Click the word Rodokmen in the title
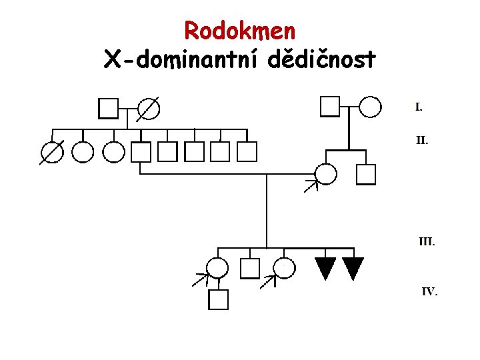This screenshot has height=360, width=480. point(239,30)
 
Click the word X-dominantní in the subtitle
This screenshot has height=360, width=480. point(181,60)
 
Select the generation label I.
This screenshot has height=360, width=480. point(419,107)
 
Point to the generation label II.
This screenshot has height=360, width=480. point(422,141)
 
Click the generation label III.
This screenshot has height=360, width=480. point(427,241)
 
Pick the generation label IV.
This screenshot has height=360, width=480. point(429,291)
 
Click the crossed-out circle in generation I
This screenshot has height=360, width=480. point(149,108)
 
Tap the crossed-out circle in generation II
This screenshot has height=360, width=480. point(52,153)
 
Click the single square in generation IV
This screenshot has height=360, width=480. point(218,299)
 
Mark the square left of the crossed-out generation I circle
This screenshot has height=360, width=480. point(109,108)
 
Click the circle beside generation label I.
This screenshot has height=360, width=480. point(371,107)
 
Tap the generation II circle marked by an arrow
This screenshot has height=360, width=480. point(326,174)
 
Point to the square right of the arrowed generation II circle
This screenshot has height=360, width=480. point(366,174)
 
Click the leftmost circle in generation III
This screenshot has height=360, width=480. point(217,268)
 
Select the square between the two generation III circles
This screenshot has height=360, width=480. point(249,268)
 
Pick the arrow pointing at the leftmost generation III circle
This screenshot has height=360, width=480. point(200,279)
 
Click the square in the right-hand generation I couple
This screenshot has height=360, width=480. point(330,107)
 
